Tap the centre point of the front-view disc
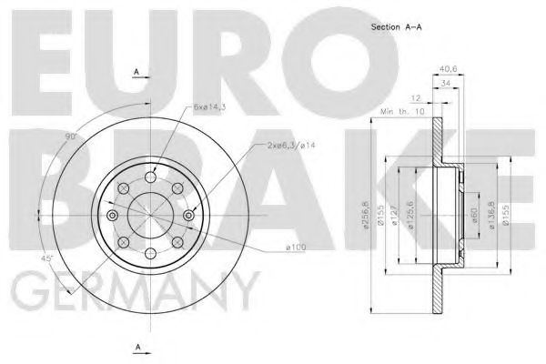(149, 213)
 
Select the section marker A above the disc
(136, 70)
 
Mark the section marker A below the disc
(136, 347)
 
